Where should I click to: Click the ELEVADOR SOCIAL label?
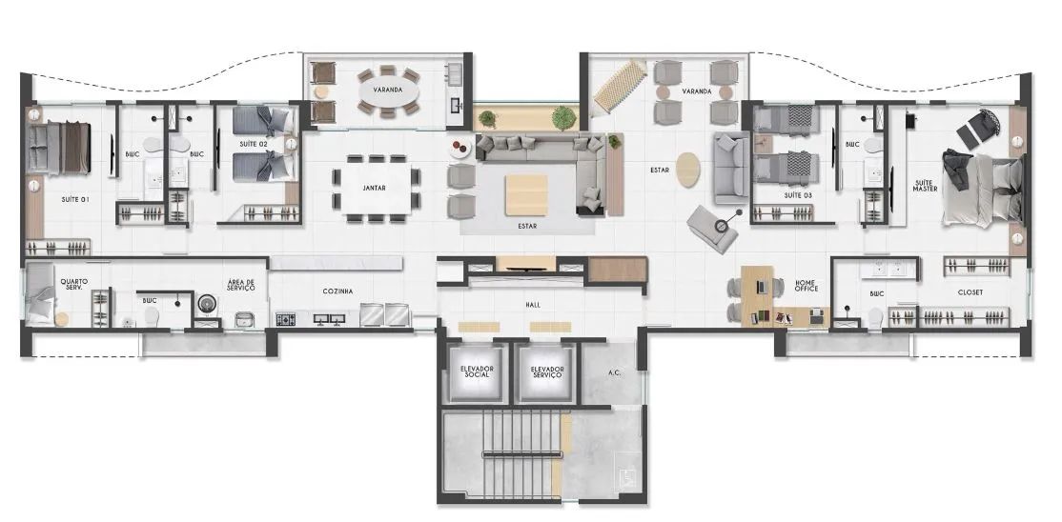[476, 371]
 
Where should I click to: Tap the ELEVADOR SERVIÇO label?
[547, 371]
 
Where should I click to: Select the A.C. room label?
[614, 372]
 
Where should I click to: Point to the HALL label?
[533, 306]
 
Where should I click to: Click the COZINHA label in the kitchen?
[337, 291]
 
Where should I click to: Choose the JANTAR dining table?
[375, 188]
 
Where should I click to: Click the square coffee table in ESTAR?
[526, 195]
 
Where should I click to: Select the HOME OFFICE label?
[806, 286]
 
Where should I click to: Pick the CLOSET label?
[970, 292]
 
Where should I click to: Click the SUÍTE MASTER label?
[925, 186]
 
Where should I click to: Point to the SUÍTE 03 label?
[798, 195]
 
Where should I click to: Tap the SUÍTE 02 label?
[253, 144]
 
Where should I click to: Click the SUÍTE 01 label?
[75, 200]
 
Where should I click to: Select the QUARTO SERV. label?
[73, 285]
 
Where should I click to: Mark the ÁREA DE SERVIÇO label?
[241, 285]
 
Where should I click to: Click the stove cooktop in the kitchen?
[285, 318]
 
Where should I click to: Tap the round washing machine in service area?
[207, 303]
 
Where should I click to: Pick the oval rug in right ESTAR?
[688, 171]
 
